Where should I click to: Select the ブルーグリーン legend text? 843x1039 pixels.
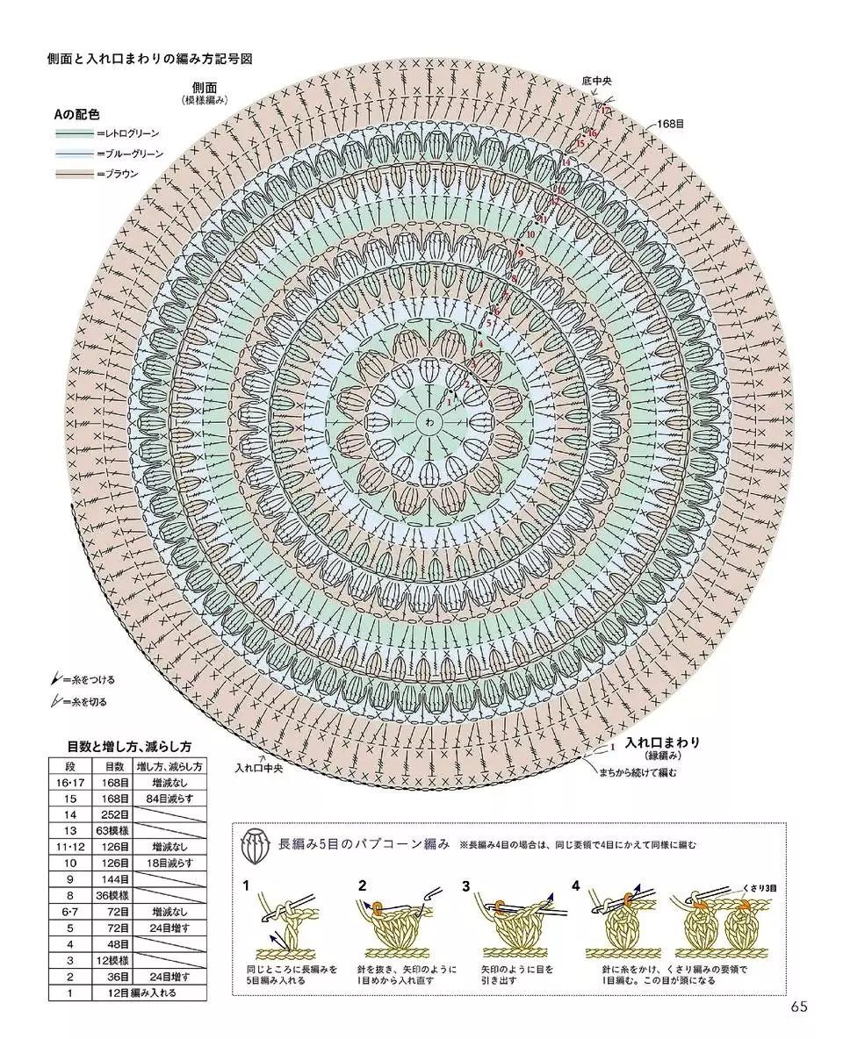coord(133,154)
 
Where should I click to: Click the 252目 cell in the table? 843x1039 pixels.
coord(115,814)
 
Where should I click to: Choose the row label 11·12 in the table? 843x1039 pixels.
coord(71,847)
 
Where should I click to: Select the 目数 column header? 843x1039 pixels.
coord(115,766)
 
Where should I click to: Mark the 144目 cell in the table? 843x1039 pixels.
coord(115,879)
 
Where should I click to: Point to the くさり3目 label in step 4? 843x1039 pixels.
coord(760,888)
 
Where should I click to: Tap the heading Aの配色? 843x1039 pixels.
coord(76,114)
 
